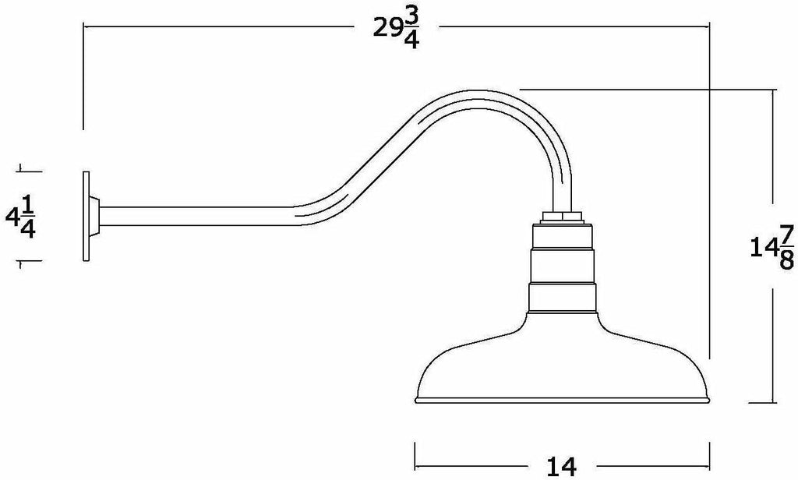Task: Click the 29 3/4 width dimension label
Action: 397,30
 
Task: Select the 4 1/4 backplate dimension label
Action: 21,217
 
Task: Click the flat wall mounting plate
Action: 86,216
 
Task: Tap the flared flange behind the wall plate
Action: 94,216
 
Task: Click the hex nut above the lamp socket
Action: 563,217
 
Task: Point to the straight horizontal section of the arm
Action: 199,216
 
